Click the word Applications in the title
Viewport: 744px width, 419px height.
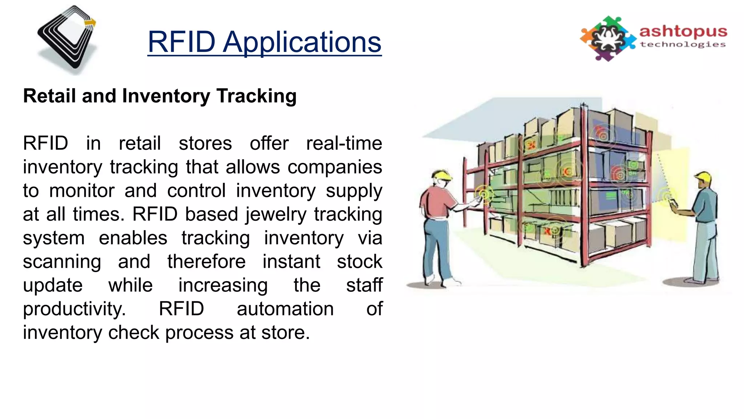pos(302,42)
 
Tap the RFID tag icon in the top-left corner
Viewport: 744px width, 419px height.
pos(68,38)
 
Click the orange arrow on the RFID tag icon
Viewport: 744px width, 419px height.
pos(90,23)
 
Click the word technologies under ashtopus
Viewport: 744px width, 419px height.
pos(683,44)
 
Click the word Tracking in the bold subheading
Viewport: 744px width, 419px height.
pos(256,96)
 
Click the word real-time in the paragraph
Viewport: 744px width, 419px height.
pos(344,143)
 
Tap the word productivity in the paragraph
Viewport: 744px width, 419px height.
pos(74,309)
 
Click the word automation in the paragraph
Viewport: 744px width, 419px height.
pos(285,309)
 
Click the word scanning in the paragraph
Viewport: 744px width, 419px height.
pos(62,262)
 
